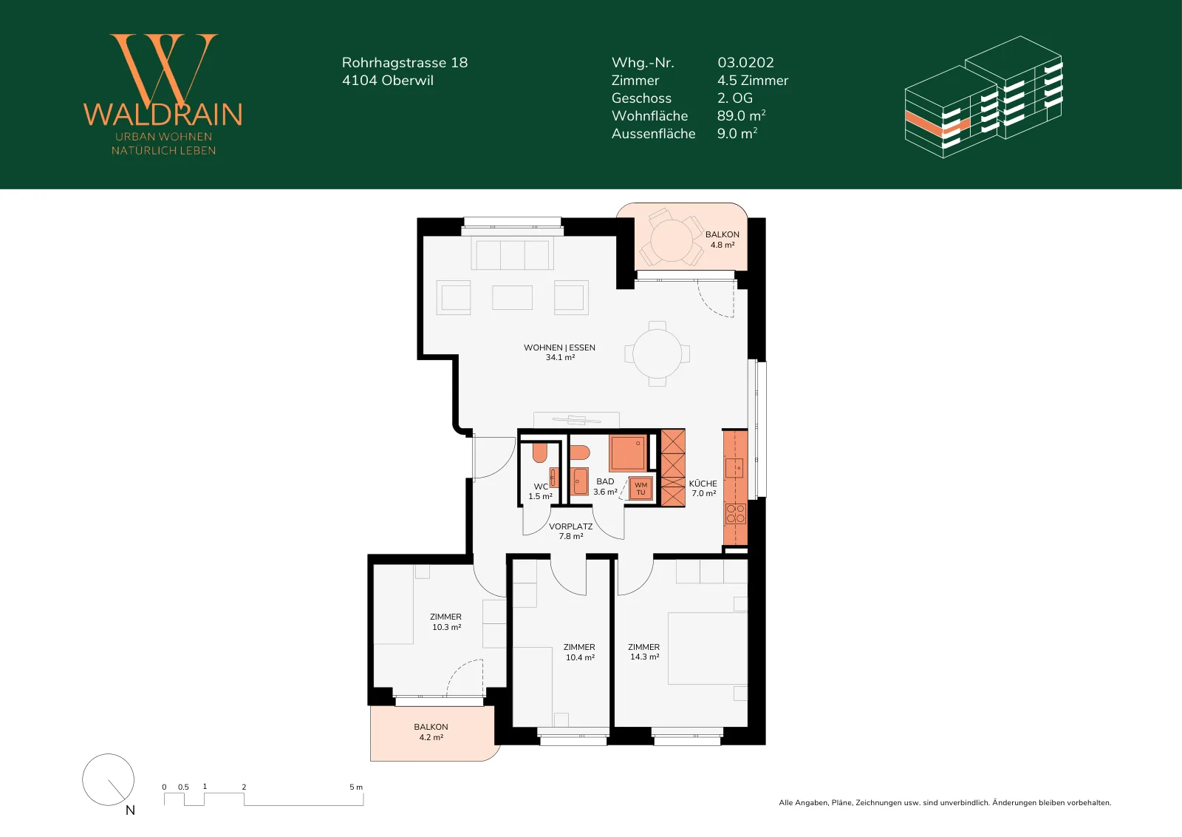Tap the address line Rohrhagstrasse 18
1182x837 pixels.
click(405, 62)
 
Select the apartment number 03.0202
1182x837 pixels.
click(745, 62)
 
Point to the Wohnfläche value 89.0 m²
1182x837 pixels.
click(742, 115)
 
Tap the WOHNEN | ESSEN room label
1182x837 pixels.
click(559, 348)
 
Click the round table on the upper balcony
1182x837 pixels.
click(672, 241)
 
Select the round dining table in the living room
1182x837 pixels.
click(657, 354)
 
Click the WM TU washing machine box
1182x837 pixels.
click(640, 489)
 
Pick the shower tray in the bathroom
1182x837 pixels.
click(627, 453)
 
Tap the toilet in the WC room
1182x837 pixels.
click(540, 453)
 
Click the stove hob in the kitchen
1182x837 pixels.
click(736, 514)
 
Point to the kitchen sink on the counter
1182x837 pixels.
click(734, 468)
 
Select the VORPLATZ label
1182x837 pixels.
click(570, 526)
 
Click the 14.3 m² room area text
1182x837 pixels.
click(645, 657)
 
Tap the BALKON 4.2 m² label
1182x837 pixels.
click(431, 732)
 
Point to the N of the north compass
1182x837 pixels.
click(130, 810)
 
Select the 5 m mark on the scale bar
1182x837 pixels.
click(356, 787)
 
